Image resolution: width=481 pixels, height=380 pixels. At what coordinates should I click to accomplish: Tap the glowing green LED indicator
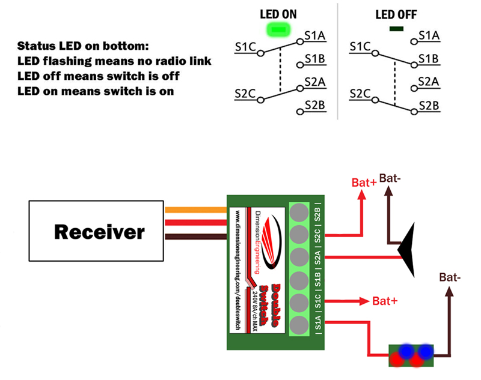(278, 28)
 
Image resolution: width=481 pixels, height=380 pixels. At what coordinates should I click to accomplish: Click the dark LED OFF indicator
(396, 28)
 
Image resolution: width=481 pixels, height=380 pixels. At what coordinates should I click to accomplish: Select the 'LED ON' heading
(278, 14)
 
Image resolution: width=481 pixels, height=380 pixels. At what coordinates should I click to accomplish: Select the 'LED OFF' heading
(396, 14)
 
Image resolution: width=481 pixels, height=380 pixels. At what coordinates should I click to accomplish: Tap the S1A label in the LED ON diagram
(315, 36)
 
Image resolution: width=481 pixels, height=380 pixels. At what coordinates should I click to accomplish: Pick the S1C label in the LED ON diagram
(245, 46)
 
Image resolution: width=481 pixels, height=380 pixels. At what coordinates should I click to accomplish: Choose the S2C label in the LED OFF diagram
(360, 94)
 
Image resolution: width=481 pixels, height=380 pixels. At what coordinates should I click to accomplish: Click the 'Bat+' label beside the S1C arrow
(385, 300)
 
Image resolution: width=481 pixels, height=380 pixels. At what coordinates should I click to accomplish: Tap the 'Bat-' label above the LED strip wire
(450, 277)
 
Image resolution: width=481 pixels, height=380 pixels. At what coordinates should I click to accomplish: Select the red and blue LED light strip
(411, 354)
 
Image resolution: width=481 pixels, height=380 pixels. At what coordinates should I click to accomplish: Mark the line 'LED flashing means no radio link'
(114, 61)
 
